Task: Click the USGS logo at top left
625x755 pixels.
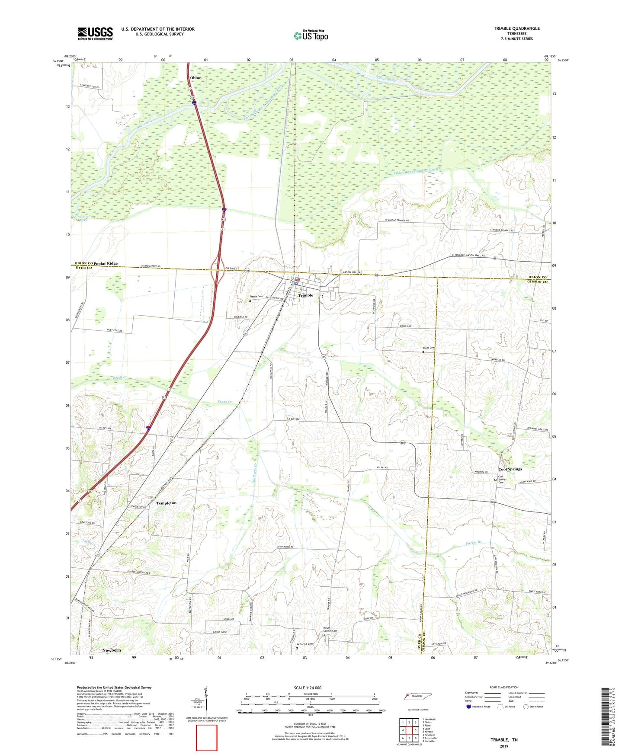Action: click(95, 33)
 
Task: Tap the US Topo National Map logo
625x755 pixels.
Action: click(311, 35)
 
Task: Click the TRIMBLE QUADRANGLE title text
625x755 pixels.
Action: click(516, 29)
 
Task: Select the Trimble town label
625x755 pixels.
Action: click(305, 295)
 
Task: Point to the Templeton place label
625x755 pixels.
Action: click(166, 503)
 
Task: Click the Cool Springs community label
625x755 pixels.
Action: click(510, 469)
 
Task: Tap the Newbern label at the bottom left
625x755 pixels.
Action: click(112, 650)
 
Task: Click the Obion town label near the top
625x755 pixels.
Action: click(196, 78)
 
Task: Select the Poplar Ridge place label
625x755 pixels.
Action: click(106, 263)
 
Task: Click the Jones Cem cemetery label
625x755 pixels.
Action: click(429, 348)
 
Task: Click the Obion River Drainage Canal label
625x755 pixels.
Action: click(416, 171)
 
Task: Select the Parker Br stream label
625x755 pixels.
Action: click(474, 543)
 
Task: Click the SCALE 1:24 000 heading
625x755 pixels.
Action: click(308, 688)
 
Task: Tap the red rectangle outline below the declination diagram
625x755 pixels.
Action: click(207, 738)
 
